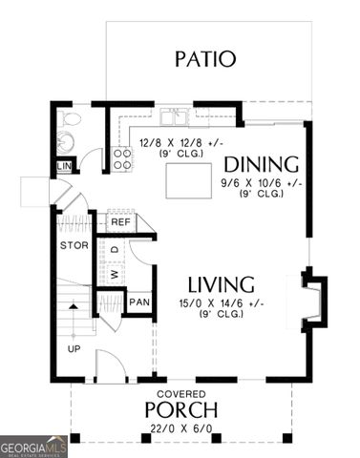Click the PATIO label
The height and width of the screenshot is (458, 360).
(x=204, y=58)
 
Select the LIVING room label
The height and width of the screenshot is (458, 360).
(x=220, y=284)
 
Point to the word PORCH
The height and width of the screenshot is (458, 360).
(x=180, y=410)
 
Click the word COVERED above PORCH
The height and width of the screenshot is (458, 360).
(x=180, y=392)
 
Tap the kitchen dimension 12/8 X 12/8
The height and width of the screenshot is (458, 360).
(x=180, y=144)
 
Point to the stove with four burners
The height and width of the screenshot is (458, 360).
(x=123, y=158)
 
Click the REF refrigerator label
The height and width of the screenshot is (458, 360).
(x=119, y=221)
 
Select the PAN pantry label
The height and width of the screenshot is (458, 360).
(x=139, y=302)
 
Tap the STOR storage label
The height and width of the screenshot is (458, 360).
(x=74, y=244)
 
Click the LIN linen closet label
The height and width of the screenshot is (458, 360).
(x=65, y=167)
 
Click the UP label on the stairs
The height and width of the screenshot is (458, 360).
(x=74, y=349)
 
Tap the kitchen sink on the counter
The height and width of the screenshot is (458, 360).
(x=174, y=117)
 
